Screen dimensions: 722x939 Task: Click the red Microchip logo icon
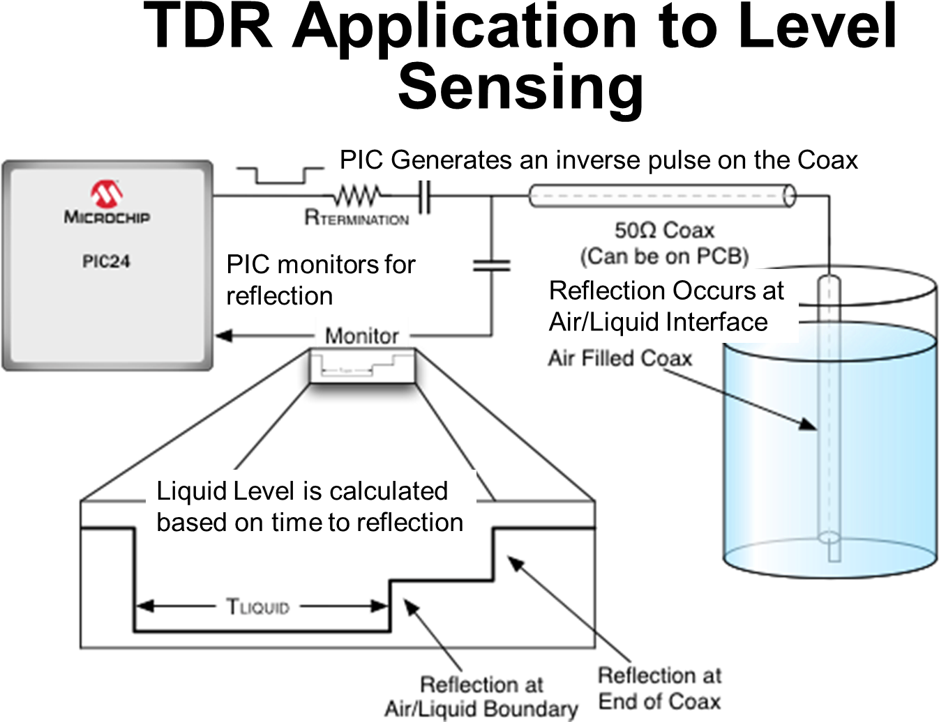click(107, 194)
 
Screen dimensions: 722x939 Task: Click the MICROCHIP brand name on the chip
click(107, 217)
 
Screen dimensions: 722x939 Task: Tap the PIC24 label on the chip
click(106, 261)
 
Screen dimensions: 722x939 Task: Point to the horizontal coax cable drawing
click(661, 196)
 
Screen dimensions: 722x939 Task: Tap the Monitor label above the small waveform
click(361, 336)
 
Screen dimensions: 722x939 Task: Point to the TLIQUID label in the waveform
click(257, 606)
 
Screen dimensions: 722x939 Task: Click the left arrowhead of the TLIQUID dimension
click(144, 606)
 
